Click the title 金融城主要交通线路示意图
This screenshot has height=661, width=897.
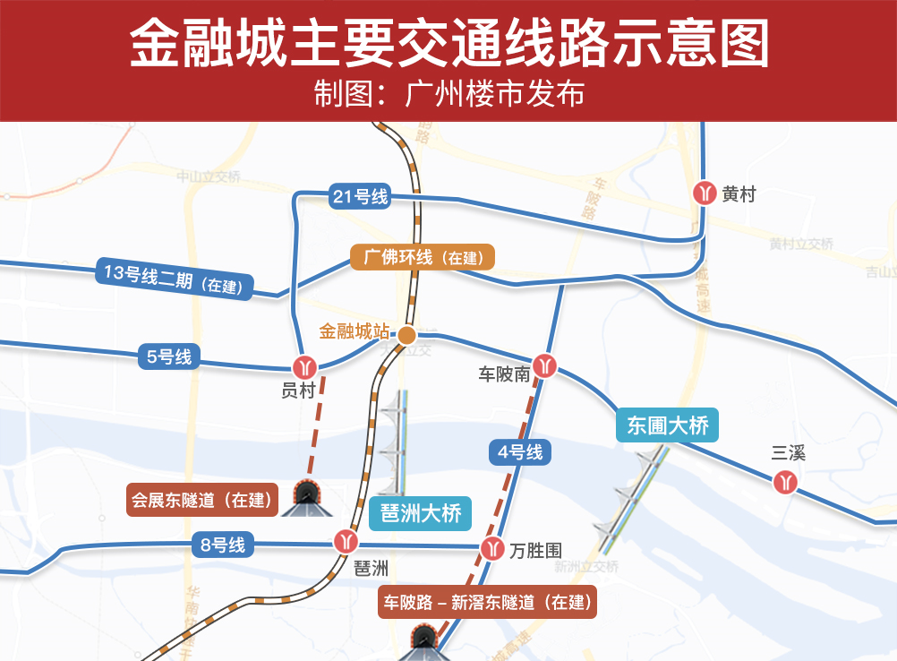click(x=448, y=42)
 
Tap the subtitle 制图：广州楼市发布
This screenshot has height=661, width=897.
click(x=448, y=92)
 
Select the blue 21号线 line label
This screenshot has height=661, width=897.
click(x=360, y=197)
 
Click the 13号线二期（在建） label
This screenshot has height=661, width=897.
click(x=175, y=279)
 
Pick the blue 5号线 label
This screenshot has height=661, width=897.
click(x=169, y=356)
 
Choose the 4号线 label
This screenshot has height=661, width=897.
click(x=520, y=451)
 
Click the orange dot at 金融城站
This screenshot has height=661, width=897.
click(x=406, y=336)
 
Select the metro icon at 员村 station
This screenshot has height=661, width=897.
click(x=304, y=366)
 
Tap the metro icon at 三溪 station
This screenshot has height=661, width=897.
click(x=787, y=482)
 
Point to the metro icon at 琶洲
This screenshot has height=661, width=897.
click(x=346, y=541)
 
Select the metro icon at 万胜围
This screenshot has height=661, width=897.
click(x=491, y=548)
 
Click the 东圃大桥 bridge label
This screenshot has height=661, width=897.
click(x=668, y=425)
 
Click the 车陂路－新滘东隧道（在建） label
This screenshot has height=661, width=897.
click(x=487, y=602)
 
